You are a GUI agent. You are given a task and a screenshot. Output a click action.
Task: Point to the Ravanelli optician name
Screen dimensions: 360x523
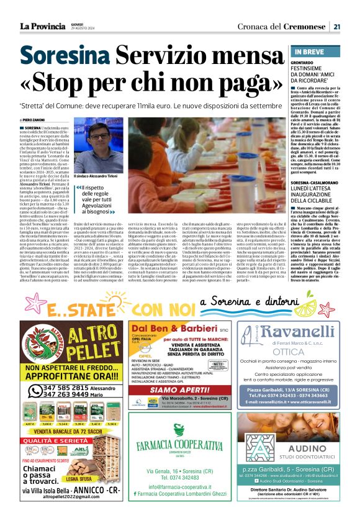click(x=297, y=334)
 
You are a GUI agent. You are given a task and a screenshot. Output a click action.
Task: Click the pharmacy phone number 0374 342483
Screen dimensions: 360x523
click(x=180, y=477)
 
